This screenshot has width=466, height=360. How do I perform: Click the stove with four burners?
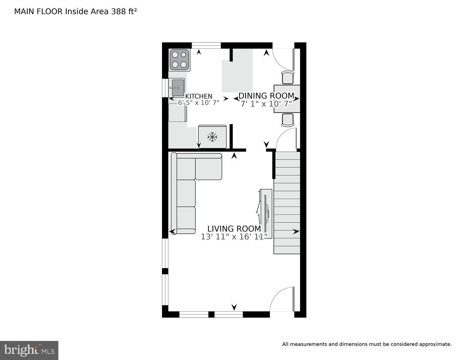coord(179,60)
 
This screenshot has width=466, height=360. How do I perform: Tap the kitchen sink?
coord(176,87)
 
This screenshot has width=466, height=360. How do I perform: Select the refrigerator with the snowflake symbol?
coord(212,136)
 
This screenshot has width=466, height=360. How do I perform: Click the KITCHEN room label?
coord(198,96)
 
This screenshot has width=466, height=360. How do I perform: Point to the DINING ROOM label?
coord(266,96)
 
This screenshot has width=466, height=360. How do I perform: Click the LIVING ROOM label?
coord(234,229)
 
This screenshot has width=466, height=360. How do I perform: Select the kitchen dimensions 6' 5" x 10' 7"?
coord(198,103)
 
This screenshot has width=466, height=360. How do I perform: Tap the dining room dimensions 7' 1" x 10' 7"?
coord(266,104)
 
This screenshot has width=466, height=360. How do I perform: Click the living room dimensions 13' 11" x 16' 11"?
coord(234,237)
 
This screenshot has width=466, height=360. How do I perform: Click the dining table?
coord(287,99)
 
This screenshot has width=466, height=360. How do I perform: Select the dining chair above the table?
coord(287,77)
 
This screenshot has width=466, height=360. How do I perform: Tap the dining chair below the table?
coord(287,120)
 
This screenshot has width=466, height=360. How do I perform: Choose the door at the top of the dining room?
coord(284,59)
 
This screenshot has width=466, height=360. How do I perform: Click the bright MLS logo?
coord(29,350)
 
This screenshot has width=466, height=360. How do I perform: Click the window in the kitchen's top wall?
coord(206,45)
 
